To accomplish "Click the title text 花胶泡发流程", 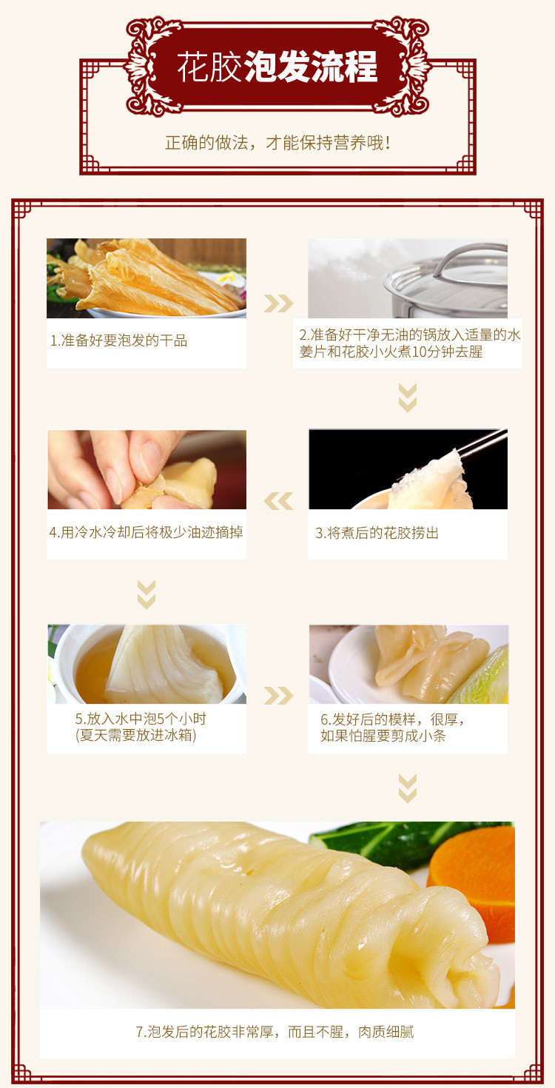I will pyautogui.click(x=277, y=67).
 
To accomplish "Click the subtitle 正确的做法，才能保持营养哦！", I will pyautogui.click(x=277, y=142).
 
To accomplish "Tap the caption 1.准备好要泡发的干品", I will pyautogui.click(x=118, y=340).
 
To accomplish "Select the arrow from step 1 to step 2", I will pyautogui.click(x=278, y=303).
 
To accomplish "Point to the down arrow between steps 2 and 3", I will pyautogui.click(x=408, y=397).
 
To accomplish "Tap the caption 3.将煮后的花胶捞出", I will pyautogui.click(x=377, y=533).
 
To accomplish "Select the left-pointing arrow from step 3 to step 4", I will pyautogui.click(x=278, y=501).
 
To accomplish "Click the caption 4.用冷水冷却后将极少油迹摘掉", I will pyautogui.click(x=147, y=532).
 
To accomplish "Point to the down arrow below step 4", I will pyautogui.click(x=147, y=594).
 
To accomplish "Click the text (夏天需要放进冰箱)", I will pyautogui.click(x=136, y=735).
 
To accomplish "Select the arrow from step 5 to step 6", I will pyautogui.click(x=278, y=695).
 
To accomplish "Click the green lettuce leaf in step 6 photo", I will pyautogui.click(x=485, y=677).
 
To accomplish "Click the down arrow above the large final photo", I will pyautogui.click(x=408, y=788).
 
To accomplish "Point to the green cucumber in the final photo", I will pyautogui.click(x=385, y=840).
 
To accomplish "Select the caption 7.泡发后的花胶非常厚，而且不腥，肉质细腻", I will pyautogui.click(x=275, y=1032).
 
